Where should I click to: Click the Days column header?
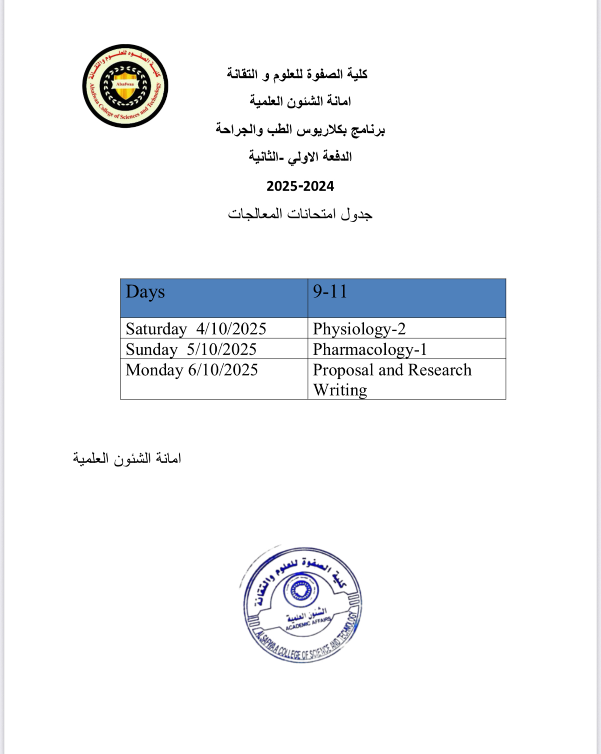tap(145, 292)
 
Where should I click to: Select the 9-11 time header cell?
tap(330, 292)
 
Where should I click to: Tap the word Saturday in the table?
tap(156, 329)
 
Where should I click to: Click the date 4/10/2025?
tap(231, 329)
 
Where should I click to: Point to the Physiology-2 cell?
tap(359, 329)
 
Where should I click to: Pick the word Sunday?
tap(151, 350)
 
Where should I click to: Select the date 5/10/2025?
tap(222, 350)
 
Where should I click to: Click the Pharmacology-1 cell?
tap(370, 350)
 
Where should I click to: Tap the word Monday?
tap(154, 370)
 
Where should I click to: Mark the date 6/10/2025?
tap(223, 370)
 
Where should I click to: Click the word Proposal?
tap(343, 370)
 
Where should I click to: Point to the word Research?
tap(440, 370)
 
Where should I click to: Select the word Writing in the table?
tap(340, 390)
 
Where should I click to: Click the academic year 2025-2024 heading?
tap(300, 186)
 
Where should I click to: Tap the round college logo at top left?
tap(125, 86)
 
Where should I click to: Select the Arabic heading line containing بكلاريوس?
tap(300, 129)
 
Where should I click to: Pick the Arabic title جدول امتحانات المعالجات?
tap(300, 214)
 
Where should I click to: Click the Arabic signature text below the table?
tap(127, 459)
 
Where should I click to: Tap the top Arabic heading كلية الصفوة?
tap(297, 74)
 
